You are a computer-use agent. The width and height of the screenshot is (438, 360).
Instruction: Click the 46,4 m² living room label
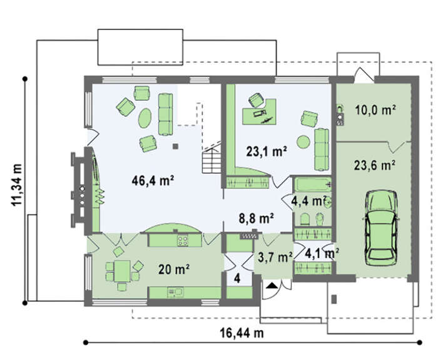pyautogui.click(x=153, y=180)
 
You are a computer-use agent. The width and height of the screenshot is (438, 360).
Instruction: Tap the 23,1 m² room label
pyautogui.click(x=266, y=152)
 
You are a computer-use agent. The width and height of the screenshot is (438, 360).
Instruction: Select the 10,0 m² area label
pyautogui.click(x=375, y=110)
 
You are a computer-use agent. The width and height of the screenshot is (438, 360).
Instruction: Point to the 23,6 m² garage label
pyautogui.click(x=374, y=165)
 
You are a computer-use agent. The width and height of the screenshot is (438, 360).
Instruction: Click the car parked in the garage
pyautogui.click(x=381, y=228)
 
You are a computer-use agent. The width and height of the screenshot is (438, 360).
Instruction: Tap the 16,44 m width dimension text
pyautogui.click(x=242, y=333)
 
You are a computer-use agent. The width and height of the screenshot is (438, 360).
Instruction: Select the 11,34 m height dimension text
pyautogui.click(x=16, y=185)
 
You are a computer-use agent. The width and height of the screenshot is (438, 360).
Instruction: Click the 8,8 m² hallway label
pyautogui.click(x=256, y=219)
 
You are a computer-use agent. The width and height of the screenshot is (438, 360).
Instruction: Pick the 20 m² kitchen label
pyautogui.click(x=174, y=269)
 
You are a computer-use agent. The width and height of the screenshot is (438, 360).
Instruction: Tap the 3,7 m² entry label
pyautogui.click(x=275, y=257)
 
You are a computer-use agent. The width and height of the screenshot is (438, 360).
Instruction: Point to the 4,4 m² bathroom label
pyautogui.click(x=308, y=201)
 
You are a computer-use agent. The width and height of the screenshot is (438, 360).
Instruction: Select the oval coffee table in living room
pyautogui.click(x=145, y=118)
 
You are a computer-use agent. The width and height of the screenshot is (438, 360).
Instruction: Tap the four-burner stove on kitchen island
pyautogui.click(x=183, y=240)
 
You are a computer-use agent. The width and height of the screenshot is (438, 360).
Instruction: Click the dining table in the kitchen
pyautogui.click(x=122, y=271)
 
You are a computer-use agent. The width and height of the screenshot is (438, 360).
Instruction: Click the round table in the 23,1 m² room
pyautogui.click(x=303, y=142)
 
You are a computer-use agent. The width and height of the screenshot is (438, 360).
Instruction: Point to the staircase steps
pyautogui.click(x=211, y=162)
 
